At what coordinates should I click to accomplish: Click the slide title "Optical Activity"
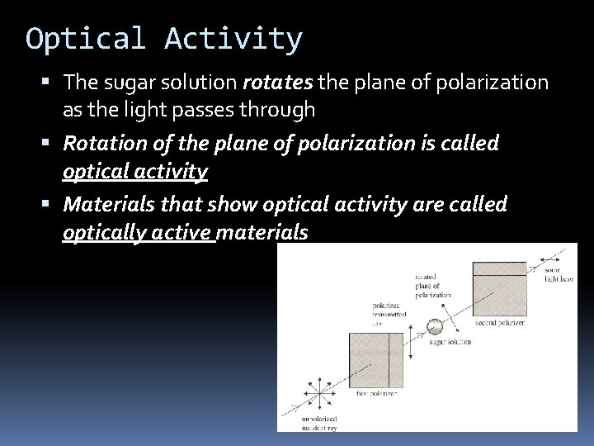coord(164,38)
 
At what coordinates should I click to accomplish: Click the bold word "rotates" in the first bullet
coord(273,83)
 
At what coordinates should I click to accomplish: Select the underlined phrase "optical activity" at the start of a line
coord(135,171)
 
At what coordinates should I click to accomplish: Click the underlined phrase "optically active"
coord(138,232)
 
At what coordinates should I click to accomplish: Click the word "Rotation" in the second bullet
coord(101,143)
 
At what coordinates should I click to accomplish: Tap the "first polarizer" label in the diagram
coord(377,395)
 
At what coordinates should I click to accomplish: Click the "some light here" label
coord(559,275)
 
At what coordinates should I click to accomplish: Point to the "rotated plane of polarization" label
coord(431,286)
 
